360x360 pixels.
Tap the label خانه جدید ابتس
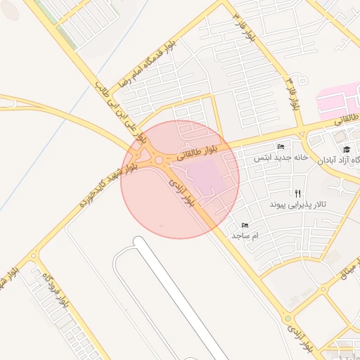click(281, 157)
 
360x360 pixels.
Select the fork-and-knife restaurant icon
click(298, 193)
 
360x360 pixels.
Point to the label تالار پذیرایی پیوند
click(297, 205)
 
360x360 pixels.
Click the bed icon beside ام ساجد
click(245, 225)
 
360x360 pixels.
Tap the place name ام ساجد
click(246, 236)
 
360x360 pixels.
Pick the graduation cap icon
click(346, 149)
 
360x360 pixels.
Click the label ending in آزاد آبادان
click(342, 160)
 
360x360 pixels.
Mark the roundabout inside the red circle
click(160, 161)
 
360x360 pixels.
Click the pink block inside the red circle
click(204, 176)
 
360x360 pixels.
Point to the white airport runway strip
click(176, 295)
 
